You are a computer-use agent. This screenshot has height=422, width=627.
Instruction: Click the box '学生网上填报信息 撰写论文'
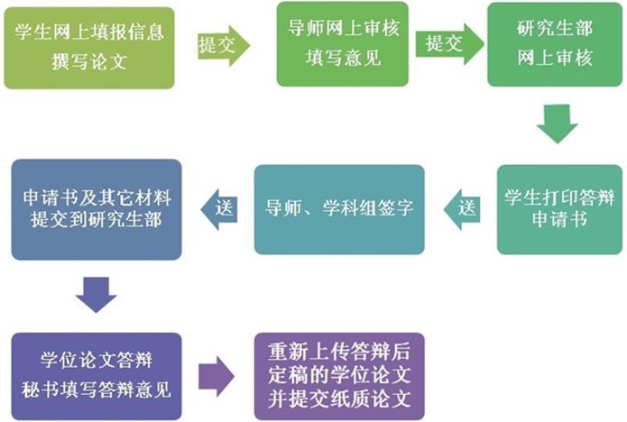[x=89, y=48]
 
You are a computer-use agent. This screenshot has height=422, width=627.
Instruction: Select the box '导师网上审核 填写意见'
[x=343, y=44]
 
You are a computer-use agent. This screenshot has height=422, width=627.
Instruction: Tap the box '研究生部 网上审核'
[x=555, y=44]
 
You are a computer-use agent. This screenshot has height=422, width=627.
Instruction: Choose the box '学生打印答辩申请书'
[x=559, y=210]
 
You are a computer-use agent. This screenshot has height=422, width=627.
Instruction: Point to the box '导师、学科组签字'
[x=339, y=210]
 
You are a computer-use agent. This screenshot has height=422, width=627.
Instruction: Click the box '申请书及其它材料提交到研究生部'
[x=97, y=210]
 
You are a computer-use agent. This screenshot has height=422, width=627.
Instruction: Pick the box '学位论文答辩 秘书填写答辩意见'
[x=97, y=376]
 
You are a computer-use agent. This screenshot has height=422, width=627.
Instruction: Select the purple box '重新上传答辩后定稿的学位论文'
[x=339, y=376]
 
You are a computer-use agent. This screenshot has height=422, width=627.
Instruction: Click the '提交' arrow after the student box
[x=224, y=46]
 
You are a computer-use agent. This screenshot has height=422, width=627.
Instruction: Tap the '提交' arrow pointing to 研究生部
[x=449, y=44]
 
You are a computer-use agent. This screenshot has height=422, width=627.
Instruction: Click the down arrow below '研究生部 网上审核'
[x=557, y=124]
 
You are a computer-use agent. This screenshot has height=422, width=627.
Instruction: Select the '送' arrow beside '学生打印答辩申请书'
[x=462, y=209]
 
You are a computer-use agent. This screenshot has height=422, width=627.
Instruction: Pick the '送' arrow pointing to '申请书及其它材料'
[x=218, y=209]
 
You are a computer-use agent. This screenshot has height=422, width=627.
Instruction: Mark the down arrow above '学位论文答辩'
[x=96, y=295]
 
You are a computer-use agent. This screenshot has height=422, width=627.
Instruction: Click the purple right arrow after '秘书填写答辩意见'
[x=217, y=376]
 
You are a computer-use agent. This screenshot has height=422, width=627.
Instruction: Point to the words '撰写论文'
[x=89, y=62]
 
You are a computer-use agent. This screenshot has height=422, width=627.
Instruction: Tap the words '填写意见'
[x=343, y=58]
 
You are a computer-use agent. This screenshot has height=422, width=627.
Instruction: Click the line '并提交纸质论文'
[x=339, y=398]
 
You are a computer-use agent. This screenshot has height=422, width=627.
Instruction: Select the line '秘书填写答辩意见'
[x=97, y=390]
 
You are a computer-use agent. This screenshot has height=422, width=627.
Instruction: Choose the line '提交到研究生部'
[x=97, y=219]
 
